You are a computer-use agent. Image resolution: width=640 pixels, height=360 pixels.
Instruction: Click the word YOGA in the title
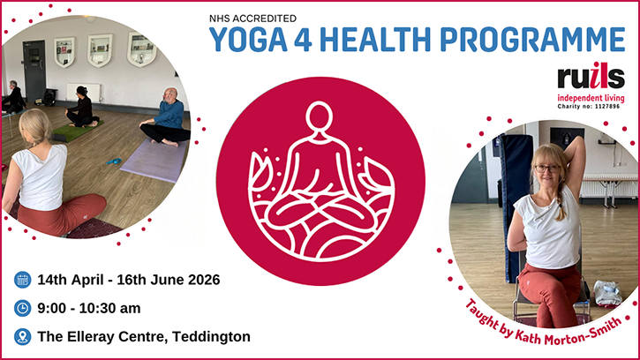(242, 41)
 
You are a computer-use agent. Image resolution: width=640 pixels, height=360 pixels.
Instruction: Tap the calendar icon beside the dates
(22, 281)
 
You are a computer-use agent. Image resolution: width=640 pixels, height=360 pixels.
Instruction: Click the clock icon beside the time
(22, 308)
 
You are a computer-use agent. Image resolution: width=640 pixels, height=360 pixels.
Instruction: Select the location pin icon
(22, 336)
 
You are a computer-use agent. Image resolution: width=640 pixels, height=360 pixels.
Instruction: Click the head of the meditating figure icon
(320, 116)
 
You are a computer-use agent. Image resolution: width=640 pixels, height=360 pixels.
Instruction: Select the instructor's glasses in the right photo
(546, 168)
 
